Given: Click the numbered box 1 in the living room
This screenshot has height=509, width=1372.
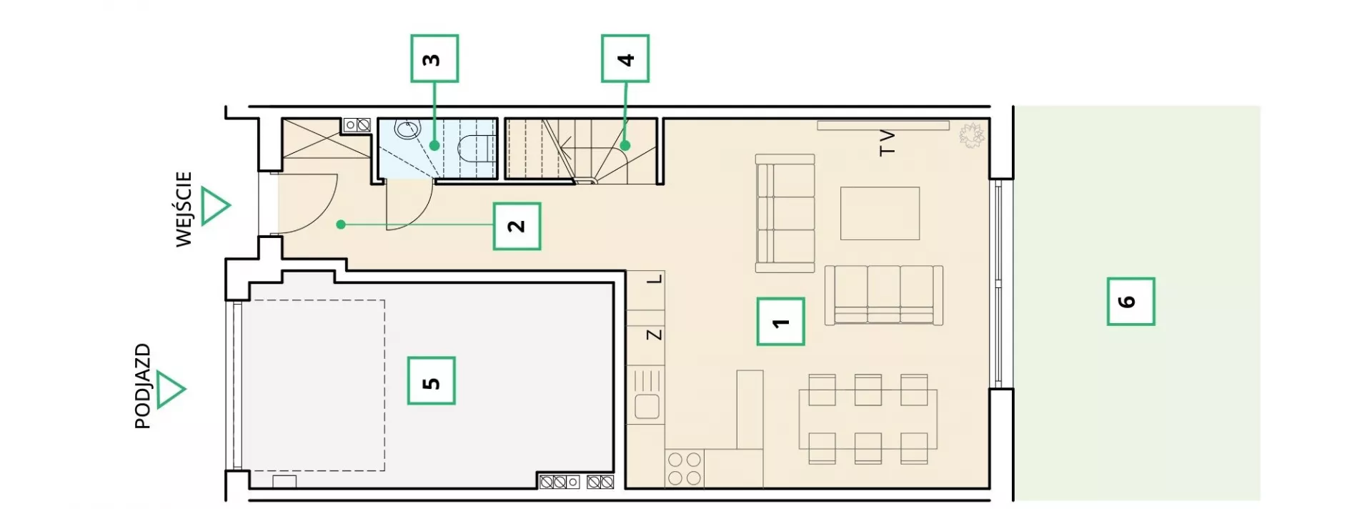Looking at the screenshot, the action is point(780,322).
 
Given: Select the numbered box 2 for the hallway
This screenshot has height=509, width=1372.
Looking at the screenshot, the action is point(517,226).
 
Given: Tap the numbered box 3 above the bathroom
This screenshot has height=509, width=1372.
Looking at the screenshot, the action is point(434,58).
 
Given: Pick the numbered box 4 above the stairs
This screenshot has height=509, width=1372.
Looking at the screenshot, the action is point(625,58).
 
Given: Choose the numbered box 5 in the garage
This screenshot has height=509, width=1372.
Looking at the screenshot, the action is point(432,381).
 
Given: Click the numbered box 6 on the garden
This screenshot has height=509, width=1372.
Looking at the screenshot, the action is point(1130,301).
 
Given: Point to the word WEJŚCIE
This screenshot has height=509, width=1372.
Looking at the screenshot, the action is point(184,209).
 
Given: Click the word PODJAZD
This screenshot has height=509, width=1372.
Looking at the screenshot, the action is point(143,386).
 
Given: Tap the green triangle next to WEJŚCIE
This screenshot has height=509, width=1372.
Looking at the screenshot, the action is point(215,207).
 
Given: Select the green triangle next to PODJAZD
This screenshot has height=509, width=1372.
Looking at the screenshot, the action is point(171,390).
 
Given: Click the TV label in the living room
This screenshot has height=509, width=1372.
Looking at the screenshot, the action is point(887,142).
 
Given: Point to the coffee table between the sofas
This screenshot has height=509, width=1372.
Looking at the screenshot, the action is point(880,213).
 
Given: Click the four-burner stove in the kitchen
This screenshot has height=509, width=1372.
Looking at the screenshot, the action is point(684,468).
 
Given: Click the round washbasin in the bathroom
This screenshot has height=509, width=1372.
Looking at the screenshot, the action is point(407,130).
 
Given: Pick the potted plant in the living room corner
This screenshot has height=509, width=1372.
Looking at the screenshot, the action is point(970,134).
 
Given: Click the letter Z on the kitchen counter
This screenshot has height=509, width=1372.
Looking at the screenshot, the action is point(654,335).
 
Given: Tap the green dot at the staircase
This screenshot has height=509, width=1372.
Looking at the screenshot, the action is point(625,145).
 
